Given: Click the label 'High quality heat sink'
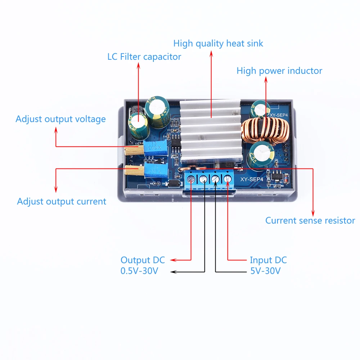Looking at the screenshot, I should [x=218, y=44].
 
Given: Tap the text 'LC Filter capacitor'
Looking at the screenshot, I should [x=144, y=57].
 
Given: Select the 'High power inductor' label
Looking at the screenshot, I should [x=279, y=71].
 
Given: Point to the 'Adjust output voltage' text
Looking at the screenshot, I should [x=60, y=119].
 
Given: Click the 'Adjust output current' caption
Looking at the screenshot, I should [x=62, y=201].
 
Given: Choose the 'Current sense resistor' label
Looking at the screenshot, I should [x=310, y=220].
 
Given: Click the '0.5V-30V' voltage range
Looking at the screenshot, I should [x=139, y=271].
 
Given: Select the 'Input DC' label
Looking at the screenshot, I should [x=268, y=260].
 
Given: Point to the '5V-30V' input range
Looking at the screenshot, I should [x=265, y=271].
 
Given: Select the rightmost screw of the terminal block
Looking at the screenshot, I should [x=228, y=179].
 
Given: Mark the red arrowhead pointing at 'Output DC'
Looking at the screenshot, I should [x=172, y=260].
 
